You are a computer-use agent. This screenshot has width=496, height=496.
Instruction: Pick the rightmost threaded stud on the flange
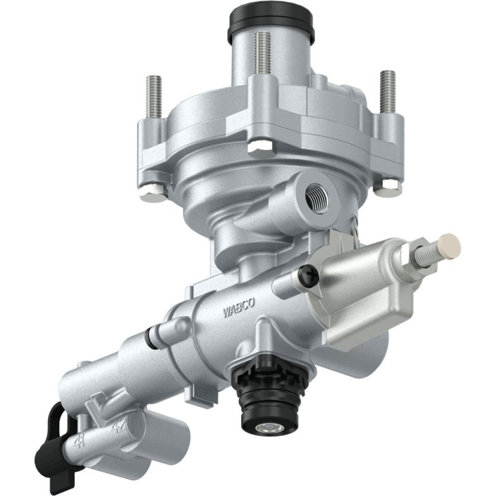(387, 93)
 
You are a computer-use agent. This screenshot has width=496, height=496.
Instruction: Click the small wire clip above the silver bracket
(352, 226)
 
